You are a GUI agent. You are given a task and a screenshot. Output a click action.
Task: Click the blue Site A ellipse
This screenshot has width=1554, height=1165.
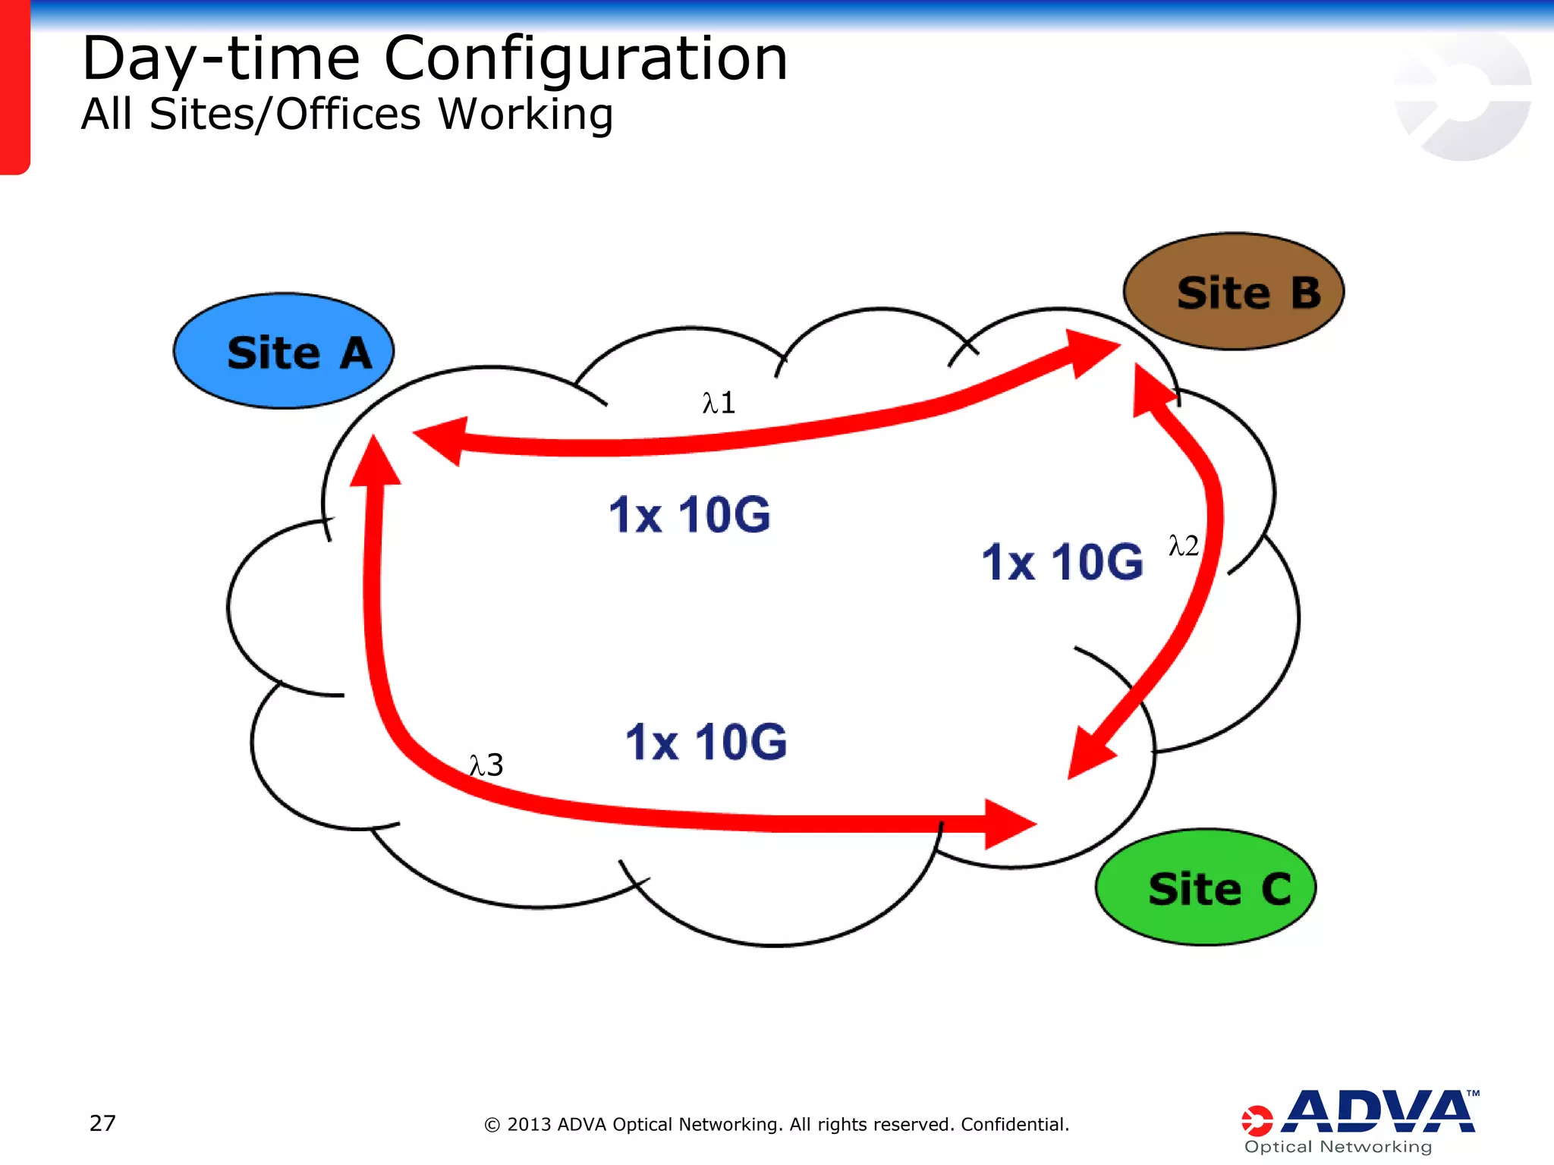point(283,351)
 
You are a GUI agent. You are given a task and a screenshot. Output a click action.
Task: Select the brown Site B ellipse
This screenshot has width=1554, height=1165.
point(1233,292)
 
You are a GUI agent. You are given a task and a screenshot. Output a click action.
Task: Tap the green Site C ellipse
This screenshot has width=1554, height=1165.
point(1205,887)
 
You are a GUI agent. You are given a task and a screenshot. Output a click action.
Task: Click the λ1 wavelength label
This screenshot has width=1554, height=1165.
point(719,403)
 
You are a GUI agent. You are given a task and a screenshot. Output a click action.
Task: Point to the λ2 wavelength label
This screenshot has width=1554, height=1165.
point(1183,545)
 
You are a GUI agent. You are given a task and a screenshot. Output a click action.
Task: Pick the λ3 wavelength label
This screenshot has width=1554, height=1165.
point(486,765)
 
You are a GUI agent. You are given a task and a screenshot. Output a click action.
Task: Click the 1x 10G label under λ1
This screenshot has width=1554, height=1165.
point(689,515)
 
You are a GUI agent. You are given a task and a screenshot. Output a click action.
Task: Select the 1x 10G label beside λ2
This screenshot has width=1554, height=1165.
point(1062,562)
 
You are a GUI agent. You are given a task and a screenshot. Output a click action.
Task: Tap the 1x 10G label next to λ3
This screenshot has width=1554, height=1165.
point(706,742)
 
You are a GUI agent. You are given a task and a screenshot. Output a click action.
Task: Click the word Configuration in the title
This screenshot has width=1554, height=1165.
point(586,59)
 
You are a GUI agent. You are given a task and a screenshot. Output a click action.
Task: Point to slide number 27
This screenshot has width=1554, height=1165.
point(102,1123)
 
